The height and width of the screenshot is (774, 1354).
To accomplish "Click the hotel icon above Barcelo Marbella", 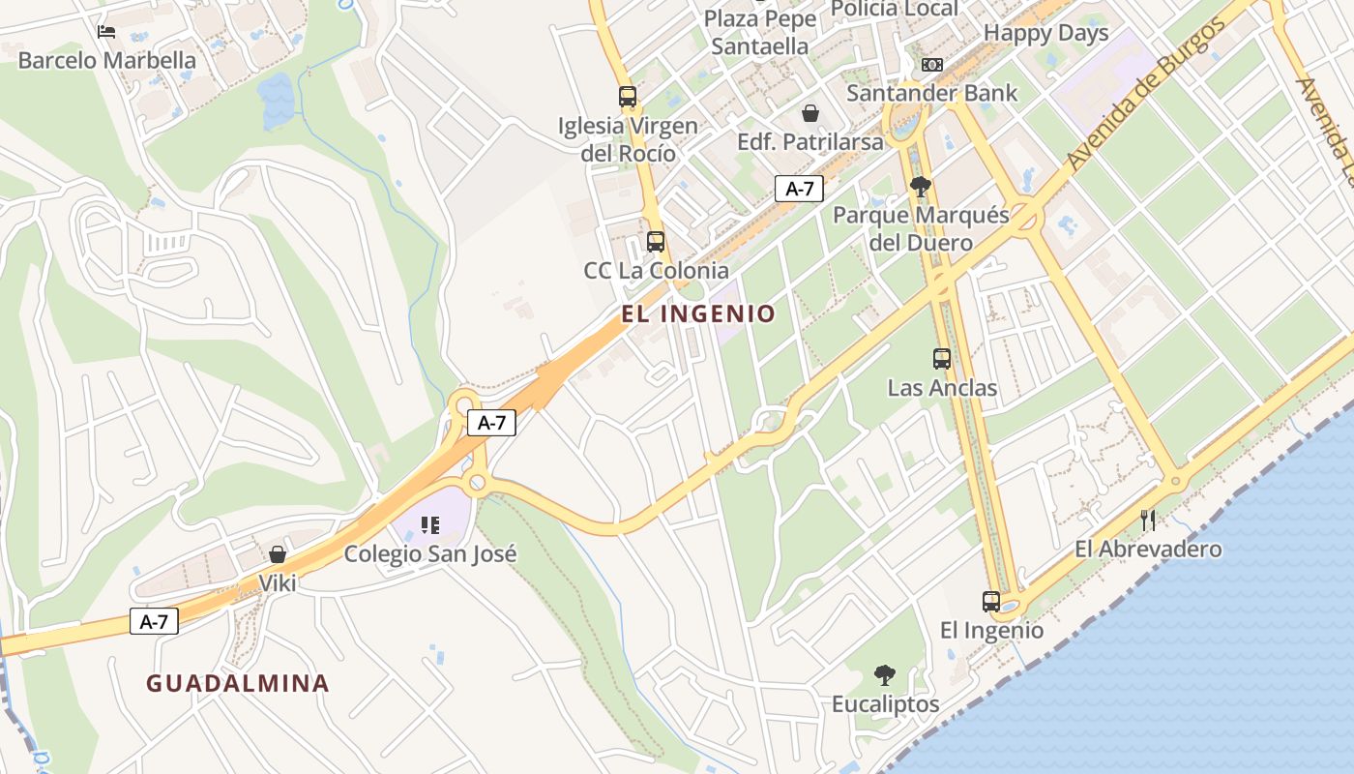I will tap(106, 32).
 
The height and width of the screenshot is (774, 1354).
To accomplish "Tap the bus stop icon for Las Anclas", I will tap(942, 359).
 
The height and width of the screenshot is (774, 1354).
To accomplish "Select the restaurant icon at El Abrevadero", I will tap(1148, 521).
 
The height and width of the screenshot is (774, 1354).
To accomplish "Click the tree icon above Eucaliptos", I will tap(885, 675).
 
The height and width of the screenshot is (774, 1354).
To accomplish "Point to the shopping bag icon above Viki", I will tap(278, 554).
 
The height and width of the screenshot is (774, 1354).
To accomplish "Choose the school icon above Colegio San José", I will tap(430, 525).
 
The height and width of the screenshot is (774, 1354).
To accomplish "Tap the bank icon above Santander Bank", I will tap(932, 65).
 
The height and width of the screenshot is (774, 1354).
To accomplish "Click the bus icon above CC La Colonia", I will tap(656, 242).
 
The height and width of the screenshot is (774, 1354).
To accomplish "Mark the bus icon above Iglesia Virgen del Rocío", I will tap(628, 97).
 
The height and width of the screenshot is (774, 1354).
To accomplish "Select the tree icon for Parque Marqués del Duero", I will tap(921, 187).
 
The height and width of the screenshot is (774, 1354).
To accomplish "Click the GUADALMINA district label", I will tap(238, 683).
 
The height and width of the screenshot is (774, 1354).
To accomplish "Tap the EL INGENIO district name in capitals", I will tap(698, 313).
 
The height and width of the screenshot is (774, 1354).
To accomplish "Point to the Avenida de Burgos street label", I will tap(1147, 94).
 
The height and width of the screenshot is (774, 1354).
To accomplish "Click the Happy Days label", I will tap(1045, 33).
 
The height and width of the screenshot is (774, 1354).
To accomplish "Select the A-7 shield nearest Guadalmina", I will tap(155, 621).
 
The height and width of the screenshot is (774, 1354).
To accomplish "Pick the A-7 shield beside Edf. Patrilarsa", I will tap(799, 189).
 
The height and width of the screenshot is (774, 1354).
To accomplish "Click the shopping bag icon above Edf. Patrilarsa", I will tap(810, 113).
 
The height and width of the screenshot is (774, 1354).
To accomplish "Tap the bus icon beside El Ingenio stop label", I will tap(991, 602).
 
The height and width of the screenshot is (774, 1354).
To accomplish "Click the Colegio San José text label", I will tap(430, 554).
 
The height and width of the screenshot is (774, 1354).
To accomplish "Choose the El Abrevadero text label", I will tap(1148, 550).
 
